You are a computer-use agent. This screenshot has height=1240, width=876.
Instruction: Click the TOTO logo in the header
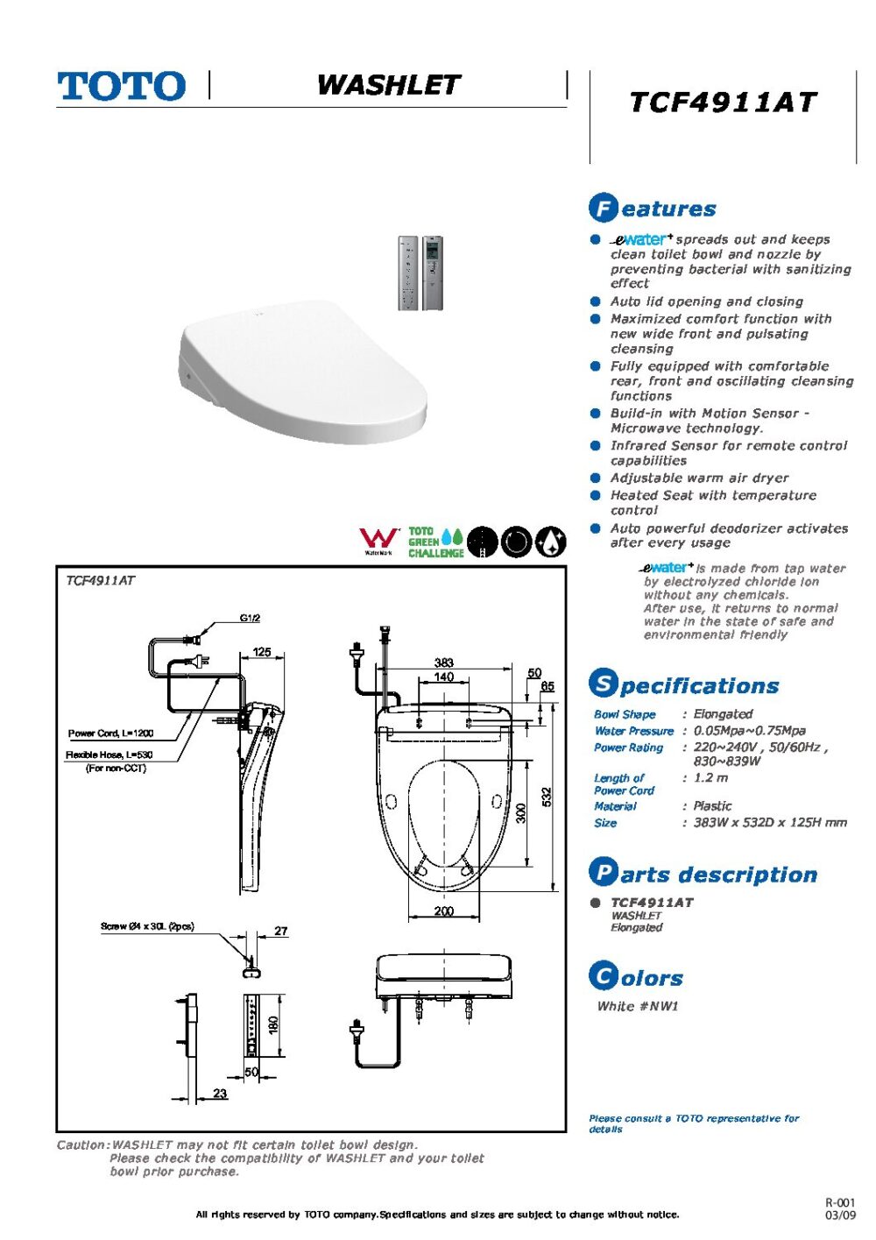click(121, 87)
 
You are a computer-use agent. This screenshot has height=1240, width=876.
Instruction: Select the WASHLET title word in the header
click(388, 85)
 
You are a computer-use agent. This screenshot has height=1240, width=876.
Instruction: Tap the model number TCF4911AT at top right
click(723, 103)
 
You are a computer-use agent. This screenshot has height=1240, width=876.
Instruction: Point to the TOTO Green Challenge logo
click(435, 542)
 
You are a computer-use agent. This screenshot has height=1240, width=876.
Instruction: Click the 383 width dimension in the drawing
click(444, 663)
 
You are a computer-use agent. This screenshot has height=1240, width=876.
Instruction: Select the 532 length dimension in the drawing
click(547, 797)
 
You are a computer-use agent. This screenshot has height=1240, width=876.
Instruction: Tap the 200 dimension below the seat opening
click(444, 911)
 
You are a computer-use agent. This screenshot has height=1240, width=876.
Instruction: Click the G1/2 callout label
click(250, 618)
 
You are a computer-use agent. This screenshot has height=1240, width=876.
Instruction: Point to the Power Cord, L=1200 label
click(110, 733)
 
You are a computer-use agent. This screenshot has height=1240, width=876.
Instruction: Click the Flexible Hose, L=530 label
click(109, 755)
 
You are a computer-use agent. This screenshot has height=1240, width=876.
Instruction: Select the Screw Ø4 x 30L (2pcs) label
click(147, 926)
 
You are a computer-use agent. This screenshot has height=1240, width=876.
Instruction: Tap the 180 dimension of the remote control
click(272, 1024)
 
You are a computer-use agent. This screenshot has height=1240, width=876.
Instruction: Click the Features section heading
click(653, 209)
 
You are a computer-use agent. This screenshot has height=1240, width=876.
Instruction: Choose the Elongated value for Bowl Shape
click(723, 714)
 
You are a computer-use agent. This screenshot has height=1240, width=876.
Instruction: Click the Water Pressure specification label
click(633, 731)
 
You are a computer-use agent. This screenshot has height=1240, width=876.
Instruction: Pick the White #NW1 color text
click(638, 1006)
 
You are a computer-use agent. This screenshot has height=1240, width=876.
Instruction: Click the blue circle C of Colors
click(603, 975)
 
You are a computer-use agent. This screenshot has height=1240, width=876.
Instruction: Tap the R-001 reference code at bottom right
click(839, 1203)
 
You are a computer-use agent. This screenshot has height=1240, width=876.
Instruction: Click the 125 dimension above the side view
click(261, 652)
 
